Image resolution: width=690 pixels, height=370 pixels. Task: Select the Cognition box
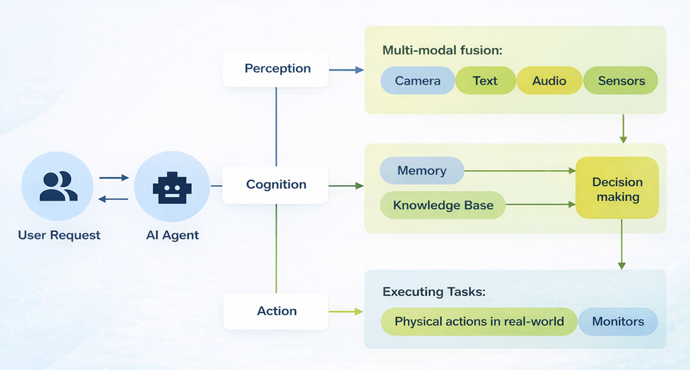[x=275, y=185]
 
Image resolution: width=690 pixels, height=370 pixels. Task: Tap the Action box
[x=276, y=311]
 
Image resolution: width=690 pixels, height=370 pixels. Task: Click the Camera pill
[x=417, y=81]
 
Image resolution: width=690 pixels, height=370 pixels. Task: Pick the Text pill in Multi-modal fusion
[x=485, y=81]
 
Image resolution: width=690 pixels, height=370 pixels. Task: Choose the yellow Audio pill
[x=549, y=81]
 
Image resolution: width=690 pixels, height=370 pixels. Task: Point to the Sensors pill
[x=621, y=81]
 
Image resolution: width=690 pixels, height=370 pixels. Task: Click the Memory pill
[x=421, y=171]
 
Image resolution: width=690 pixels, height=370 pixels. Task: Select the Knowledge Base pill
[x=443, y=205]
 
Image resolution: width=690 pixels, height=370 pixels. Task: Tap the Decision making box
[x=617, y=189]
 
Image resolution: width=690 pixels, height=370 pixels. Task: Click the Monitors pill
[x=618, y=322]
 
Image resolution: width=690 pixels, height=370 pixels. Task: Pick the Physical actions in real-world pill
[x=479, y=322]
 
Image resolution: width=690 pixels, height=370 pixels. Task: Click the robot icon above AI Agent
[x=172, y=187]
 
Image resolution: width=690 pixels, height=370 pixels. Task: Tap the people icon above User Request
[x=58, y=187]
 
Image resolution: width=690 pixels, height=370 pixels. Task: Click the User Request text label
[x=59, y=235]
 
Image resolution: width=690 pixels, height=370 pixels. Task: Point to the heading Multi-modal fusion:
[x=442, y=50]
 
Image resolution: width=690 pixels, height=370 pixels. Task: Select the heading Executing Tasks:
[x=434, y=292]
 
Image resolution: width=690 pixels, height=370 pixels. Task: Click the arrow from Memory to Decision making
[x=520, y=171]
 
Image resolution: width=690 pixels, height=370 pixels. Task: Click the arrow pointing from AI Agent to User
[x=113, y=199]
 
